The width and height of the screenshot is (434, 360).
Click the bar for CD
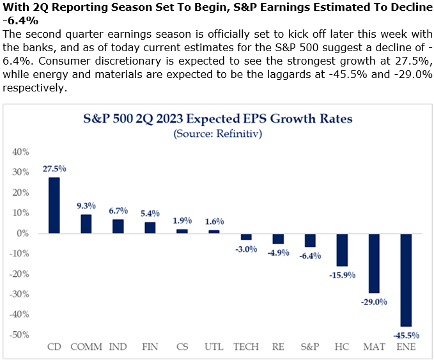[x=54, y=205]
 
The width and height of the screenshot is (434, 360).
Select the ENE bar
[x=406, y=280]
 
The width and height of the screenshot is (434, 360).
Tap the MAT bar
[x=374, y=263]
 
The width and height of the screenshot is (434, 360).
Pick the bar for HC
[x=342, y=249]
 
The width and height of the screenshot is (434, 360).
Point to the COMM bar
[x=86, y=224]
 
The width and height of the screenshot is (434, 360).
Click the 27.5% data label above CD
[x=54, y=169]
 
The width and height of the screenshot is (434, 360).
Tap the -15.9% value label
[x=342, y=275]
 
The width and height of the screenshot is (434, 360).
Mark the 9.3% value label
[x=86, y=206]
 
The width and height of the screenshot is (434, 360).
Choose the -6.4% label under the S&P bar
[x=310, y=256]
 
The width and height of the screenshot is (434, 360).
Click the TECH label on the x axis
[x=246, y=347]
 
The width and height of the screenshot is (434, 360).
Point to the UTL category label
[x=214, y=347]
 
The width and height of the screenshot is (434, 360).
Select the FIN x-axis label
[x=150, y=347]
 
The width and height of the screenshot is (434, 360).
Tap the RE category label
[x=278, y=347]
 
